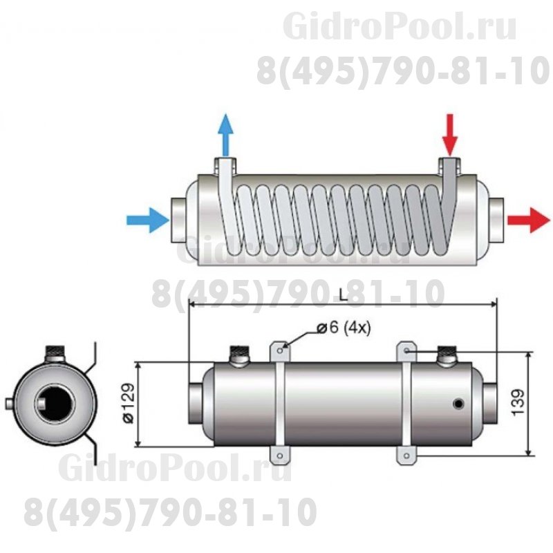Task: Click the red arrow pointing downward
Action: point(450,134)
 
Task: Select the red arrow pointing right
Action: point(529,221)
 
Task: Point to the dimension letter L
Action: point(343,295)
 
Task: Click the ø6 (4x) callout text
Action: point(344,328)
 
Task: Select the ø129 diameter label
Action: point(127,404)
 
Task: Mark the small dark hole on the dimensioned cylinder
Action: point(457,404)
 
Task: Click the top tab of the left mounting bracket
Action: point(279,350)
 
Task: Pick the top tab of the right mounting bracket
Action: point(406,350)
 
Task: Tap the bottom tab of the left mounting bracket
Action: point(279,454)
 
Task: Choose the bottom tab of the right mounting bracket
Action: point(406,454)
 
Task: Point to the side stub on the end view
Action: point(8,402)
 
